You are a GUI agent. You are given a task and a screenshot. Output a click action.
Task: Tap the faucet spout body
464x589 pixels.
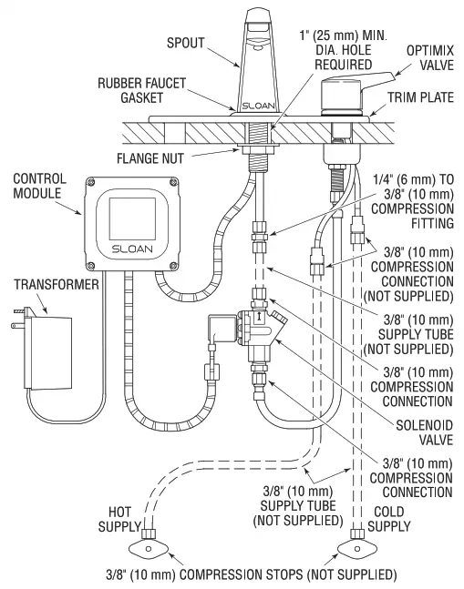pyautogui.click(x=256, y=68)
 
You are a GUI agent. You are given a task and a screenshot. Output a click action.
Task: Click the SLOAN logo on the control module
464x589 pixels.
pyautogui.click(x=130, y=249)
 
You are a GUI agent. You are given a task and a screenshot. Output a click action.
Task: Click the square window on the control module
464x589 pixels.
pyautogui.click(x=130, y=213)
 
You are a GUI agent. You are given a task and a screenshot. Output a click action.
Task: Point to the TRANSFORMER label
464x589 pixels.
pyautogui.click(x=46, y=285)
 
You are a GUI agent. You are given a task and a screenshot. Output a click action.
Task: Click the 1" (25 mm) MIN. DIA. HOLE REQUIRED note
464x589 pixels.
pyautogui.click(x=335, y=51)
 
